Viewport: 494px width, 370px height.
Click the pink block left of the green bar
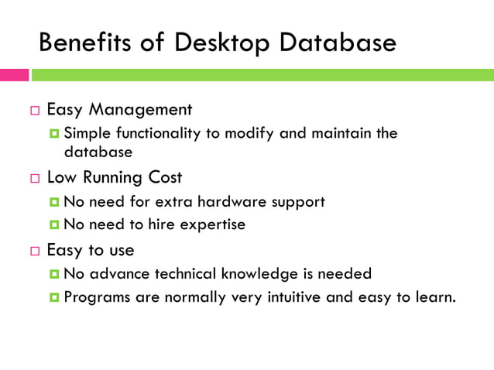click(14, 75)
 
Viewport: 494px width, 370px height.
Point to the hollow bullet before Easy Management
click(35, 111)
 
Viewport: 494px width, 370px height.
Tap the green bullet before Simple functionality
click(54, 133)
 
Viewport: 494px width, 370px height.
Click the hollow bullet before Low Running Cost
click(35, 179)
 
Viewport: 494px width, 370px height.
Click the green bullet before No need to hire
click(54, 225)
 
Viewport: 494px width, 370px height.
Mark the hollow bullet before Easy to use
click(35, 252)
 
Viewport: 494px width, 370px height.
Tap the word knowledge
click(256, 273)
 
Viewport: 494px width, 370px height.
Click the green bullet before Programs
click(54, 297)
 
